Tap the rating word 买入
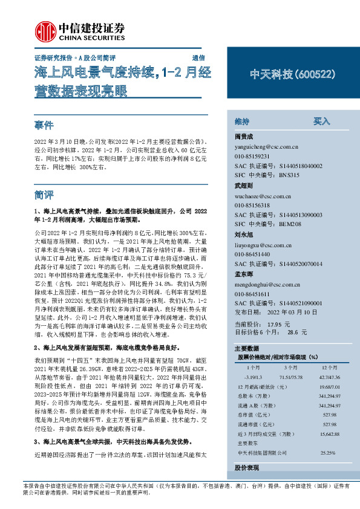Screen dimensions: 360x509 point(321,122)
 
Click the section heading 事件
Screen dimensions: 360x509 point(44,126)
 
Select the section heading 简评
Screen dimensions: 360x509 point(44,195)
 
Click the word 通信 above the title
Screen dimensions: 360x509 point(198,59)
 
